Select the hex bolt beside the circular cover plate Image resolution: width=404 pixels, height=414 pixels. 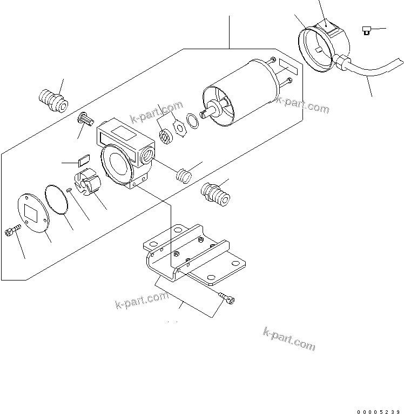click(12, 232)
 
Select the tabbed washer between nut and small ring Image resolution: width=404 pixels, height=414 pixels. click(178, 128)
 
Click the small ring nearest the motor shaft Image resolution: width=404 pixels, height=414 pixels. click(193, 119)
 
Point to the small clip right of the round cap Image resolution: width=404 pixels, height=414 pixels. click(366, 31)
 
